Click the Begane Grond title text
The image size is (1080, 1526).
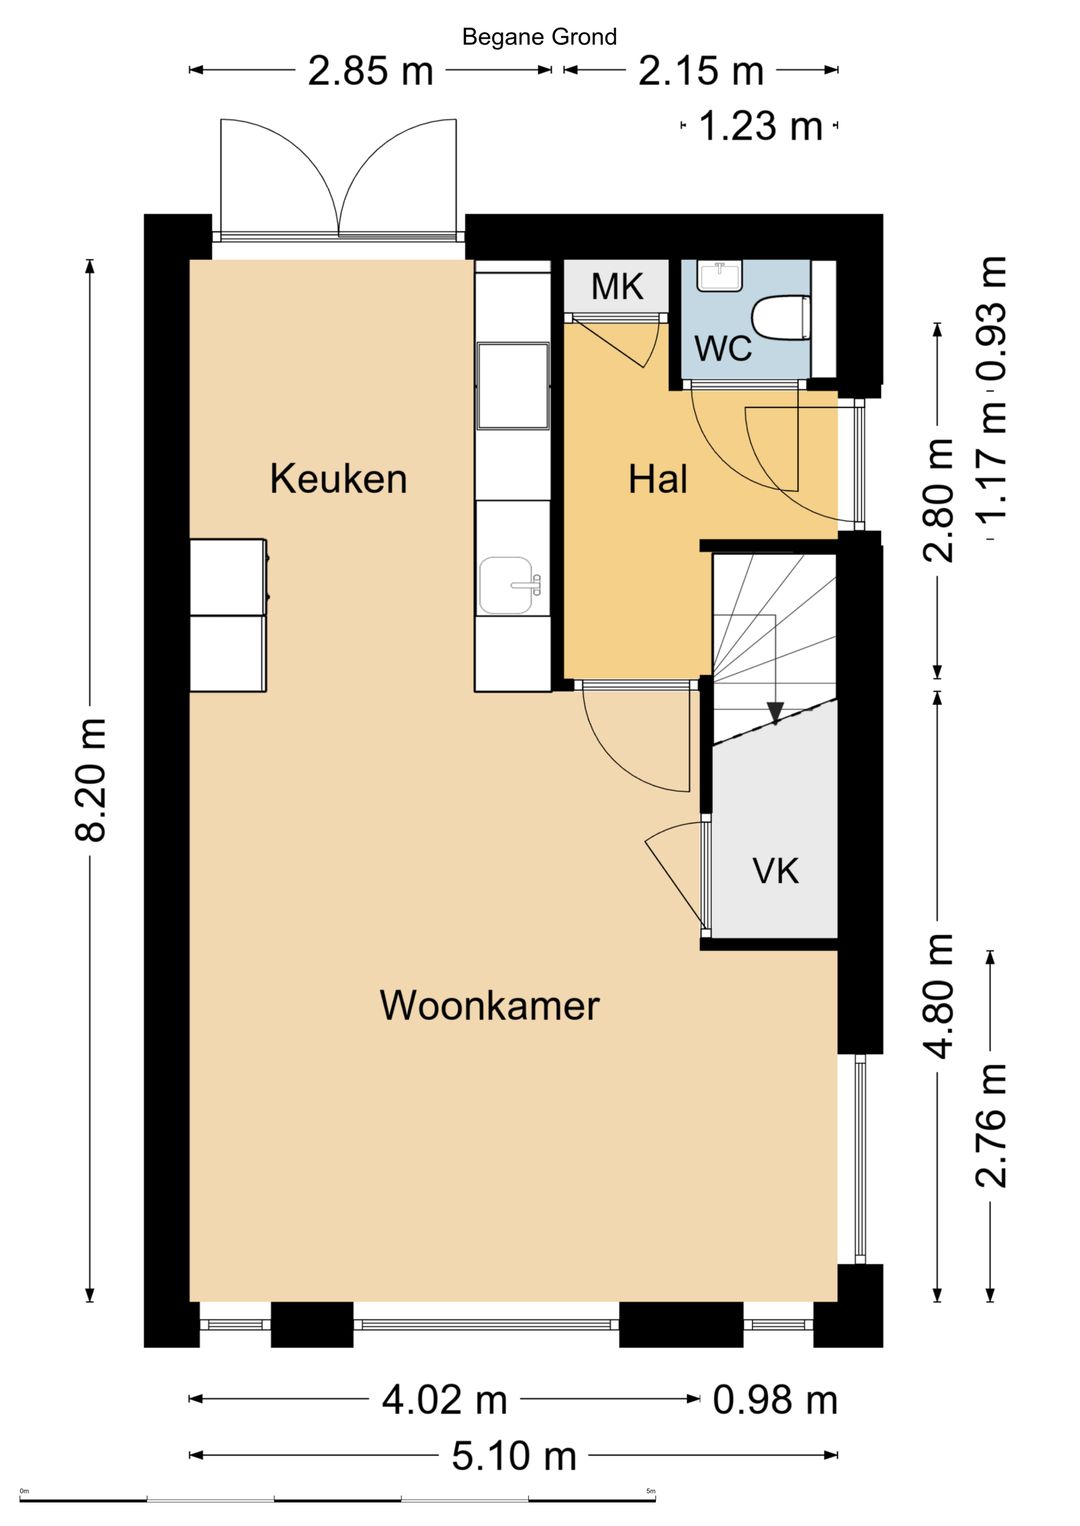(x=539, y=37)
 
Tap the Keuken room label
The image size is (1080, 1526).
(x=338, y=479)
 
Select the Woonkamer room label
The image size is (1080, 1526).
(x=489, y=1005)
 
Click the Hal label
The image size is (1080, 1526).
(x=657, y=480)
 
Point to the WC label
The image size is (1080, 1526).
(x=722, y=349)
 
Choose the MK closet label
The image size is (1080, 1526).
(x=616, y=287)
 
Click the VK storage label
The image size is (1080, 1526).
(x=775, y=871)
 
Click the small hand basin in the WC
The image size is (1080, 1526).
(x=719, y=275)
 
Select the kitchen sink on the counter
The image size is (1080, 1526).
(x=508, y=585)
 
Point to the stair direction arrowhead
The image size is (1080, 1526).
(x=775, y=713)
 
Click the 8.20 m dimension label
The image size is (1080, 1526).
(x=91, y=780)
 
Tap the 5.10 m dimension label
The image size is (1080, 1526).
(x=514, y=1456)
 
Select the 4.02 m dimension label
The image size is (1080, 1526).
(x=445, y=1400)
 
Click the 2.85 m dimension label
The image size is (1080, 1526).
(x=370, y=71)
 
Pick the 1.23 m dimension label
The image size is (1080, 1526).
(x=760, y=127)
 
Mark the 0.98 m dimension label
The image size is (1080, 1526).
(x=775, y=1400)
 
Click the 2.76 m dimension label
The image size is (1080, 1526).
(x=991, y=1125)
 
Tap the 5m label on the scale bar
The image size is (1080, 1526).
(x=650, y=1492)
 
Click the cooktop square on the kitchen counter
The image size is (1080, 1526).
(x=513, y=386)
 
